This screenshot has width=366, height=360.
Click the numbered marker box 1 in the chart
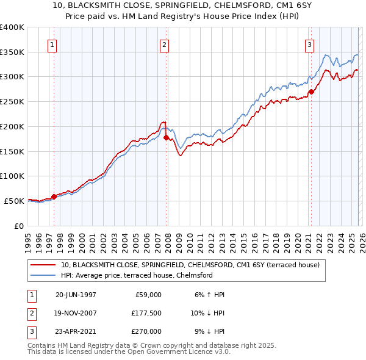pos(52,44)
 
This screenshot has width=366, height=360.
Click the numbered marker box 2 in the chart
pos(165,44)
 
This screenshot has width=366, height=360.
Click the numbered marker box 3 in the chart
pos(309,44)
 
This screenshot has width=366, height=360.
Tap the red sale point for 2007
pos(166,137)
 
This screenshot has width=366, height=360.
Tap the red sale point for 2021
pos(311,92)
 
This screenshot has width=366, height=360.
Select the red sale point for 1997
pos(54,196)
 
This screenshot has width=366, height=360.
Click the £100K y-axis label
pos(12,176)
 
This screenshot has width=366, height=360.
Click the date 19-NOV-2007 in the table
pos(76,313)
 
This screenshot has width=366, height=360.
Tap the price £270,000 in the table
pos(147,331)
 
